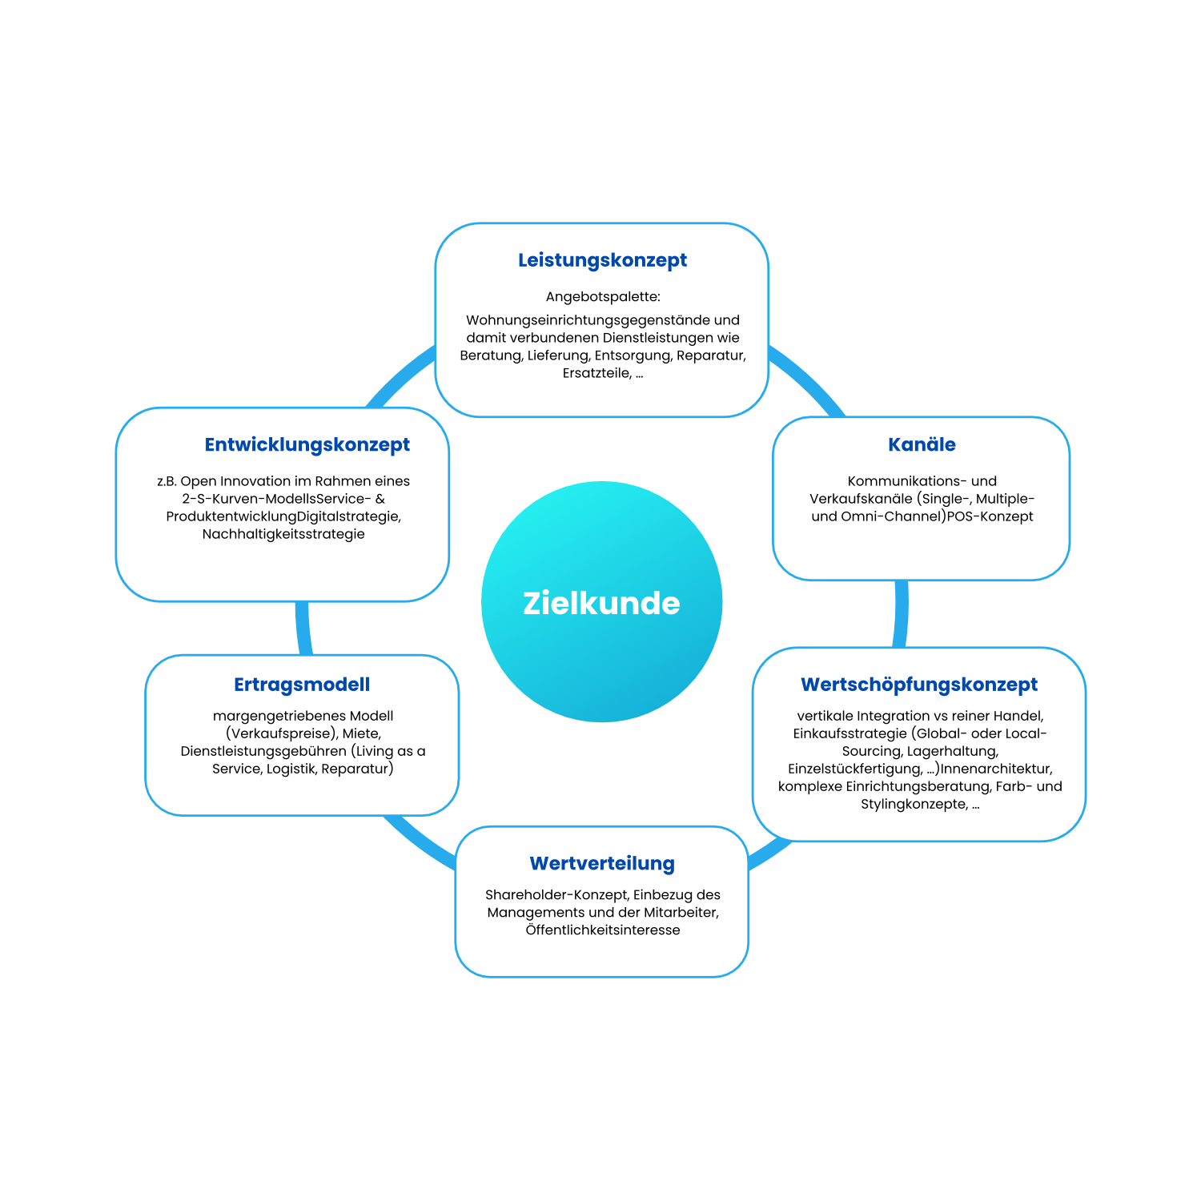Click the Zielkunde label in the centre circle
[x=601, y=603]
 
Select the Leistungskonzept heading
[x=602, y=260]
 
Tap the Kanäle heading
[x=922, y=444]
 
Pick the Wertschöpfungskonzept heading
[x=919, y=685]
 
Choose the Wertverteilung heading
[x=602, y=863]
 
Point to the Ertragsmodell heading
[x=302, y=685]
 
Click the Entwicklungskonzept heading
[x=307, y=444]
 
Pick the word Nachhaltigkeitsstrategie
[x=283, y=534]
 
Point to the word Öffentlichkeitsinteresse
[x=603, y=930]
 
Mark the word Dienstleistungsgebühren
[x=263, y=751]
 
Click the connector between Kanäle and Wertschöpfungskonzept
[x=902, y=613]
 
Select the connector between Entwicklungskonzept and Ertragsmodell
[x=303, y=628]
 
